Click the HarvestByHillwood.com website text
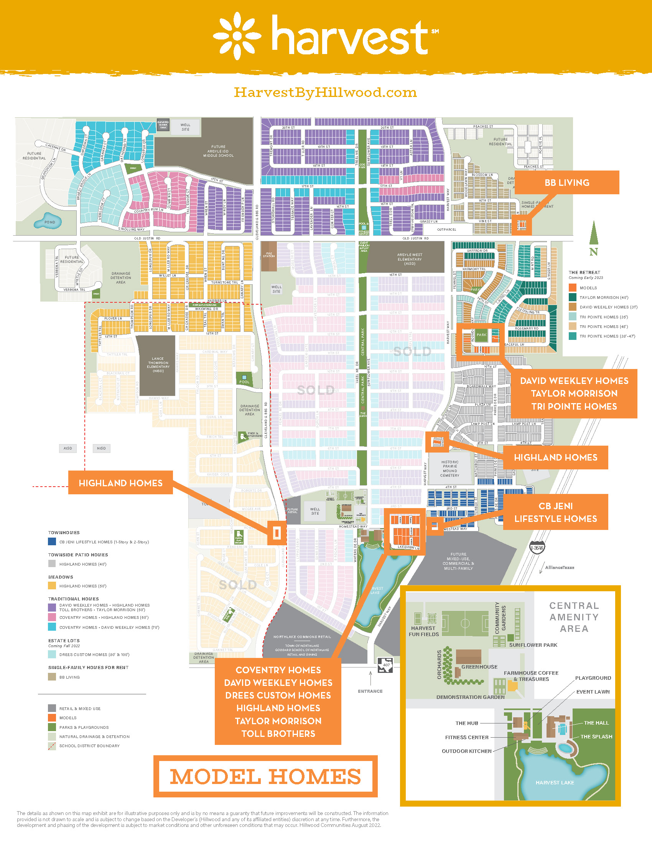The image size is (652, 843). pos(325,93)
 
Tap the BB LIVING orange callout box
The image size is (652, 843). pos(566,182)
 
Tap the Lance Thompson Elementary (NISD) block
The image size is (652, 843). pos(158,364)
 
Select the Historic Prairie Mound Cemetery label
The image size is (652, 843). pos(449,468)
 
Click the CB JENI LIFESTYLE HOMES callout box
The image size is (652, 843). pos(555,512)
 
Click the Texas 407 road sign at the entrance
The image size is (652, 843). pos(385,665)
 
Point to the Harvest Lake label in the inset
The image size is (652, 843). pos(555,782)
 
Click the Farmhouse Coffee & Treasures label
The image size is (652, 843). pos(531,676)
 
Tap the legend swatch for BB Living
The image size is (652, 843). pos(52,677)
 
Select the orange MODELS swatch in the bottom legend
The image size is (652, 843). pos(52,718)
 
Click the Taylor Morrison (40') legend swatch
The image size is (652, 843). pos(573,297)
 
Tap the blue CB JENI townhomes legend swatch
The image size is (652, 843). pos(52,541)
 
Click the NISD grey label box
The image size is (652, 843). pos(101,448)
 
